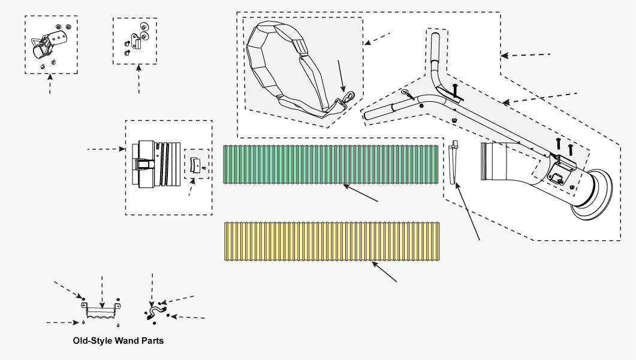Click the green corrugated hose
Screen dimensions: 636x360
coord(330,165)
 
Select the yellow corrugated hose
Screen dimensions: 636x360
coord(332,241)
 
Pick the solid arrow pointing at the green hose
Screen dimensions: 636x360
coord(361,193)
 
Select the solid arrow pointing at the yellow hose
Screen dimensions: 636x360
coord(384,272)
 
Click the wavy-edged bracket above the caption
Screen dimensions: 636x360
coord(102,311)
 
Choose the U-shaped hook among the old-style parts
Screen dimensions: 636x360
coord(155,312)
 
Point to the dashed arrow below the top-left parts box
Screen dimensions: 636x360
coord(50,84)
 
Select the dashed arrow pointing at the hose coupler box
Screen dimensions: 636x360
coord(106,149)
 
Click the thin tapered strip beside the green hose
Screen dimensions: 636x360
coord(454,162)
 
